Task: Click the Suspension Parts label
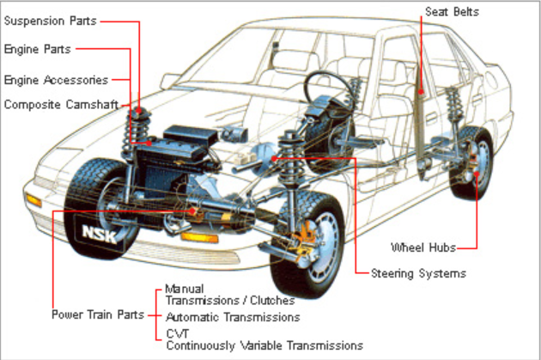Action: (x=51, y=20)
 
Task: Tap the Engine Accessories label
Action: (x=57, y=80)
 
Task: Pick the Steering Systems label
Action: (x=418, y=274)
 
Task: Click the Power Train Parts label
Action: (x=96, y=314)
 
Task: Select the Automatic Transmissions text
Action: (x=233, y=316)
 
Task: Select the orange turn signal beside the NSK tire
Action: (x=34, y=200)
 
